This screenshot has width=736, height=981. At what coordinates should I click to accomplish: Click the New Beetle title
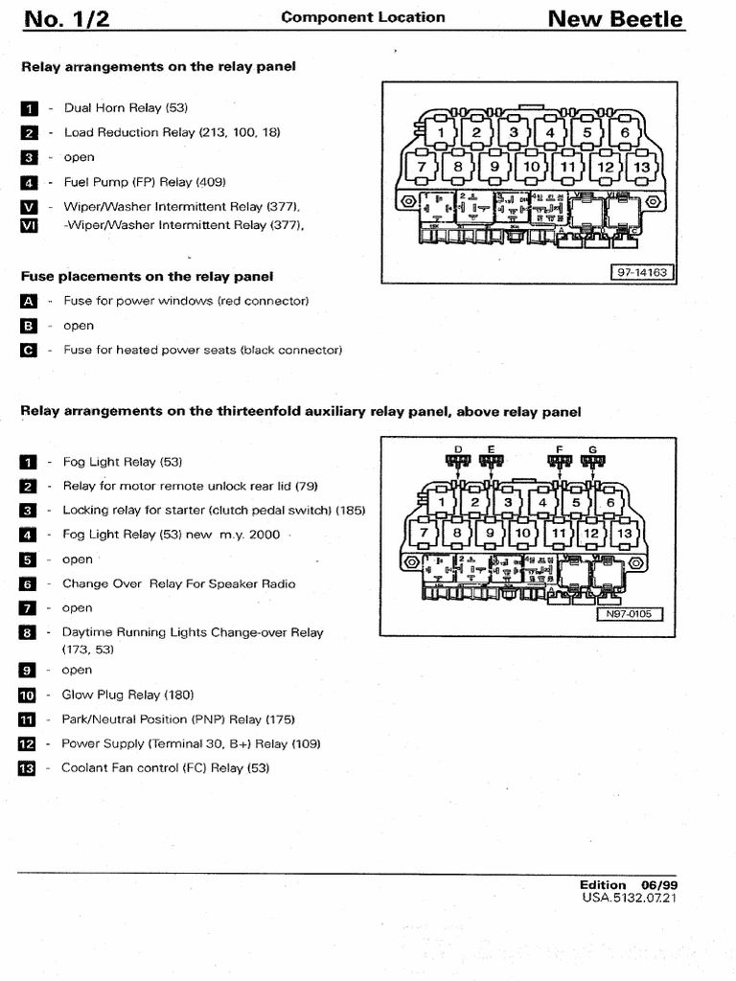tap(614, 19)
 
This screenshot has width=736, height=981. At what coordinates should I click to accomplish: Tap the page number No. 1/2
tap(66, 19)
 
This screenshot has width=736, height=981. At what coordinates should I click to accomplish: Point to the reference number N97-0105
tap(630, 614)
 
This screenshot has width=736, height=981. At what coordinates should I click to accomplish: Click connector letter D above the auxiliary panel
tap(458, 448)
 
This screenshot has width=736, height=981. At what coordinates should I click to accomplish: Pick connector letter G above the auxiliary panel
tap(593, 448)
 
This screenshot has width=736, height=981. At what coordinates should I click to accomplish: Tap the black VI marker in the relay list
tap(28, 225)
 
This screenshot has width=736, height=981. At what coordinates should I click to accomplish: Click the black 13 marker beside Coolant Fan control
tap(27, 768)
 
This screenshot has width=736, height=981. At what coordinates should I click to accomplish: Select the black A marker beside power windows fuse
tap(28, 301)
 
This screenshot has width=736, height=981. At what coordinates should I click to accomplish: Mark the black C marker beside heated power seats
tap(28, 350)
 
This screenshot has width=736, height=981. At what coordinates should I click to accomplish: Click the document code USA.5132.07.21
tap(631, 898)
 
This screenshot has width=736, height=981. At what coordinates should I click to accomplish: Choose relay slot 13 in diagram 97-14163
tap(641, 167)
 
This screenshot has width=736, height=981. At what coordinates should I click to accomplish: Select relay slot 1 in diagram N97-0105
tap(442, 502)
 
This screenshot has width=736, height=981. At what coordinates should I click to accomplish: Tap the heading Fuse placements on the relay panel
tap(147, 276)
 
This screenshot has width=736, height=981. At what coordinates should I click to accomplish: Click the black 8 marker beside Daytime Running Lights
tap(27, 632)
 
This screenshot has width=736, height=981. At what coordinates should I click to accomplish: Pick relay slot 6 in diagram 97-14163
tap(625, 133)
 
